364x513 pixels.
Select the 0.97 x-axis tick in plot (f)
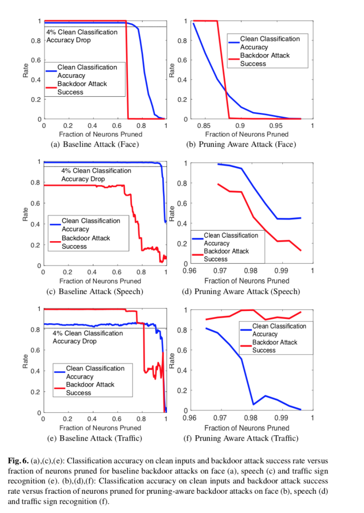(220, 418)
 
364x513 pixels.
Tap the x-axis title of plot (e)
(100, 428)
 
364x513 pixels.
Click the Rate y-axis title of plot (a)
(26, 71)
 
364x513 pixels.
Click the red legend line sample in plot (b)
(233, 56)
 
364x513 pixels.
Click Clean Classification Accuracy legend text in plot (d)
(231, 239)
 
